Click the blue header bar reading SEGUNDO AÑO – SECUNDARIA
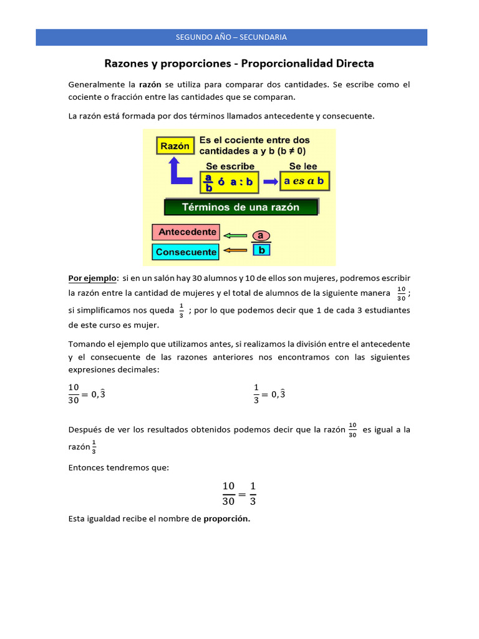point(231,37)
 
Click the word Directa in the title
point(353,64)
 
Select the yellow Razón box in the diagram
point(175,146)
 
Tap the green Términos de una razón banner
point(240,207)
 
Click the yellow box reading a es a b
point(304,181)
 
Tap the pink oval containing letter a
point(261,235)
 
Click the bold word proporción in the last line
point(226,519)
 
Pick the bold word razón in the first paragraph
point(150,84)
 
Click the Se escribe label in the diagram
point(230,166)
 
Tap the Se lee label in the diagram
point(303,166)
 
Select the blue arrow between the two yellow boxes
point(269,182)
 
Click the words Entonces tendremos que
point(119,468)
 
